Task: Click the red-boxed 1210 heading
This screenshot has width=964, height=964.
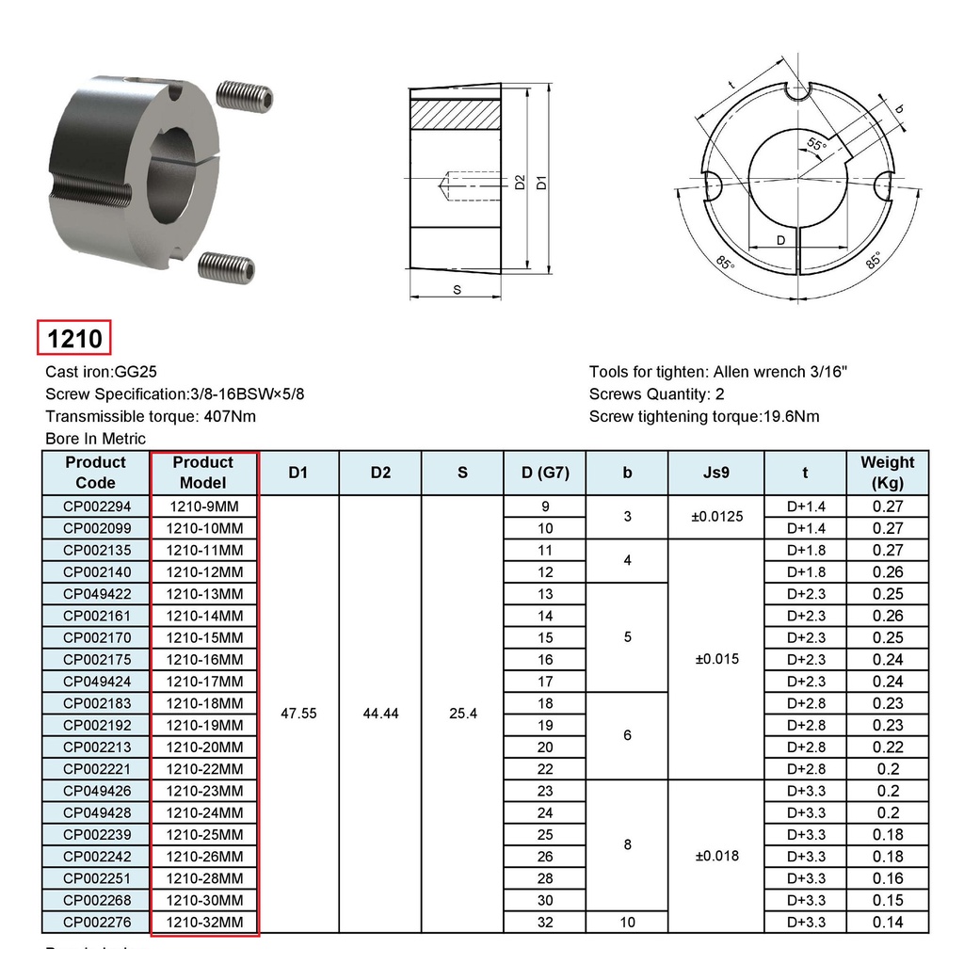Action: coord(74,338)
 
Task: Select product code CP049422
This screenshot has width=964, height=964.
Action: coord(97,594)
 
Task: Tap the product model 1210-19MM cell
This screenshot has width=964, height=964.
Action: coord(204,726)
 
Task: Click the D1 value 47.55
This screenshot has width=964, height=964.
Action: coord(298,714)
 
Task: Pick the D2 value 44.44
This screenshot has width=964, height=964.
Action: coord(381,714)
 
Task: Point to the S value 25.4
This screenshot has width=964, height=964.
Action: coord(463,714)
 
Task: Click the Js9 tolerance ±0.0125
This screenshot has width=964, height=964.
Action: coord(716,517)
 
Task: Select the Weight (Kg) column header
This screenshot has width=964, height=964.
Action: coord(888,473)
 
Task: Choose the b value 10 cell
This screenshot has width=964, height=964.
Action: coord(628,923)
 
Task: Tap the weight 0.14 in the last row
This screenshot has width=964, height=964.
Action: coord(888,923)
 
